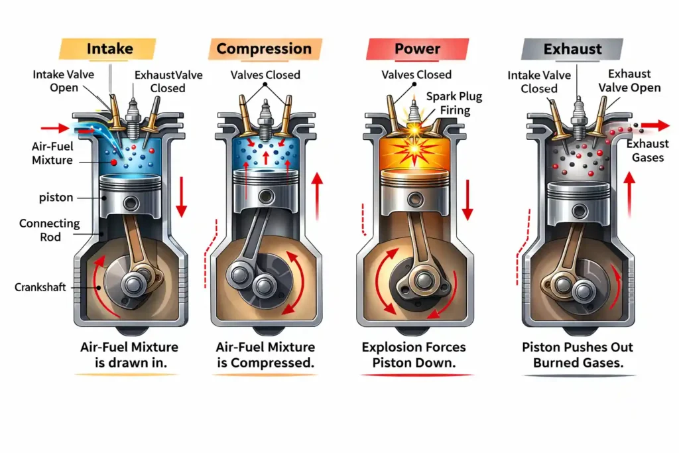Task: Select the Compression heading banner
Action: [x=264, y=48]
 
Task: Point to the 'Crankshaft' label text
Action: [x=42, y=287]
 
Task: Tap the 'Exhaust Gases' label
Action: [x=646, y=151]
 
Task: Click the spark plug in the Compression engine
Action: [x=266, y=113]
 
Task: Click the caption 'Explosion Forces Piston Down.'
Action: [x=414, y=355]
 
